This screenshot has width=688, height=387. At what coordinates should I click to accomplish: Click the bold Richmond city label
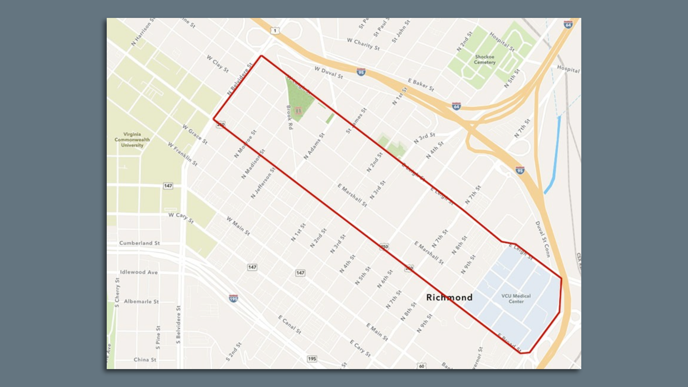[x=449, y=297]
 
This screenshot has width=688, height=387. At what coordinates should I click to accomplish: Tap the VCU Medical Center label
[x=516, y=298]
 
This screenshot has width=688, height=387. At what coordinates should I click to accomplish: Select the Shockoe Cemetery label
[x=485, y=59]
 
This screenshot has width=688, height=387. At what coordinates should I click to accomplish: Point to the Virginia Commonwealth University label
[x=132, y=140]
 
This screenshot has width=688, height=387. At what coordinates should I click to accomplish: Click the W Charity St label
[x=363, y=44]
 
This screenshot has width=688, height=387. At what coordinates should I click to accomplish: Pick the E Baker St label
[x=421, y=85]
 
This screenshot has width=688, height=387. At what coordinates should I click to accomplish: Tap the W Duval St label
[x=329, y=72]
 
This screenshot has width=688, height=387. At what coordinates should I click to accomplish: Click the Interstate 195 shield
[x=233, y=298]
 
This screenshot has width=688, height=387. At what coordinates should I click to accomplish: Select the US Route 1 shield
[x=275, y=31]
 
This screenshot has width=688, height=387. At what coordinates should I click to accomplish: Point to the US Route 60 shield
[x=422, y=366]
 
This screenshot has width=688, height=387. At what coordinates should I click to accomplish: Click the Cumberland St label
[x=139, y=243]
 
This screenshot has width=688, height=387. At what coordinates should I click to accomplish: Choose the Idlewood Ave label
[x=139, y=272]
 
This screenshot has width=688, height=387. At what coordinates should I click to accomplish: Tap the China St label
[x=145, y=359]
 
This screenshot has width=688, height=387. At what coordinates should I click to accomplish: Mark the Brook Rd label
[x=290, y=118]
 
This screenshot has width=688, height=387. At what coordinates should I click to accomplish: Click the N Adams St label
[x=314, y=146]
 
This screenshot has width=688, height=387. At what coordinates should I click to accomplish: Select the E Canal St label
[x=290, y=325]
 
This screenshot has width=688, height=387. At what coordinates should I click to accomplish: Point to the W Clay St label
[x=218, y=63]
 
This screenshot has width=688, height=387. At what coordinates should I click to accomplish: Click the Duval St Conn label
[x=542, y=239]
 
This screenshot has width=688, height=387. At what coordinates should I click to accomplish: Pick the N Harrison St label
[x=143, y=32]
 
